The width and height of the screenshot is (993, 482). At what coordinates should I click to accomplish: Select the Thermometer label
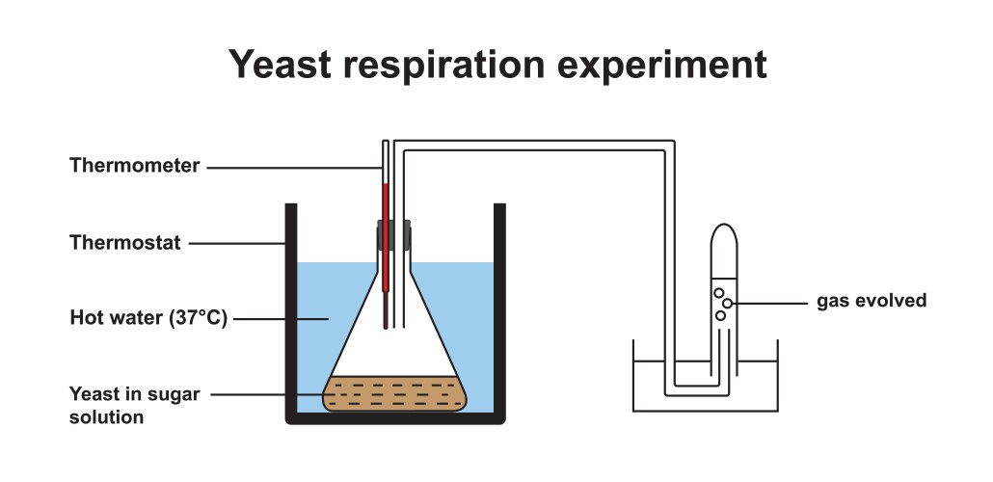point(134,166)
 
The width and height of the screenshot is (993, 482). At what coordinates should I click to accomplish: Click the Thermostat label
point(124,243)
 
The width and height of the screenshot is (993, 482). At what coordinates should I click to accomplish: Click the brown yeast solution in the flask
point(395,393)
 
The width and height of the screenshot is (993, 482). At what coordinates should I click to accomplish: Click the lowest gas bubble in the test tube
point(720,315)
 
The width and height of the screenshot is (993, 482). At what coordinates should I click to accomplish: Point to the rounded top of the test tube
point(725,231)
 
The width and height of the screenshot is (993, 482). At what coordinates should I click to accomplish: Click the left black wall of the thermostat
point(289,308)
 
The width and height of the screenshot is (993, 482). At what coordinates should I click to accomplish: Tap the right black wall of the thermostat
point(499,308)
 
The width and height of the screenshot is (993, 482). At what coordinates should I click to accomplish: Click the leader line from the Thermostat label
point(235,243)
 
